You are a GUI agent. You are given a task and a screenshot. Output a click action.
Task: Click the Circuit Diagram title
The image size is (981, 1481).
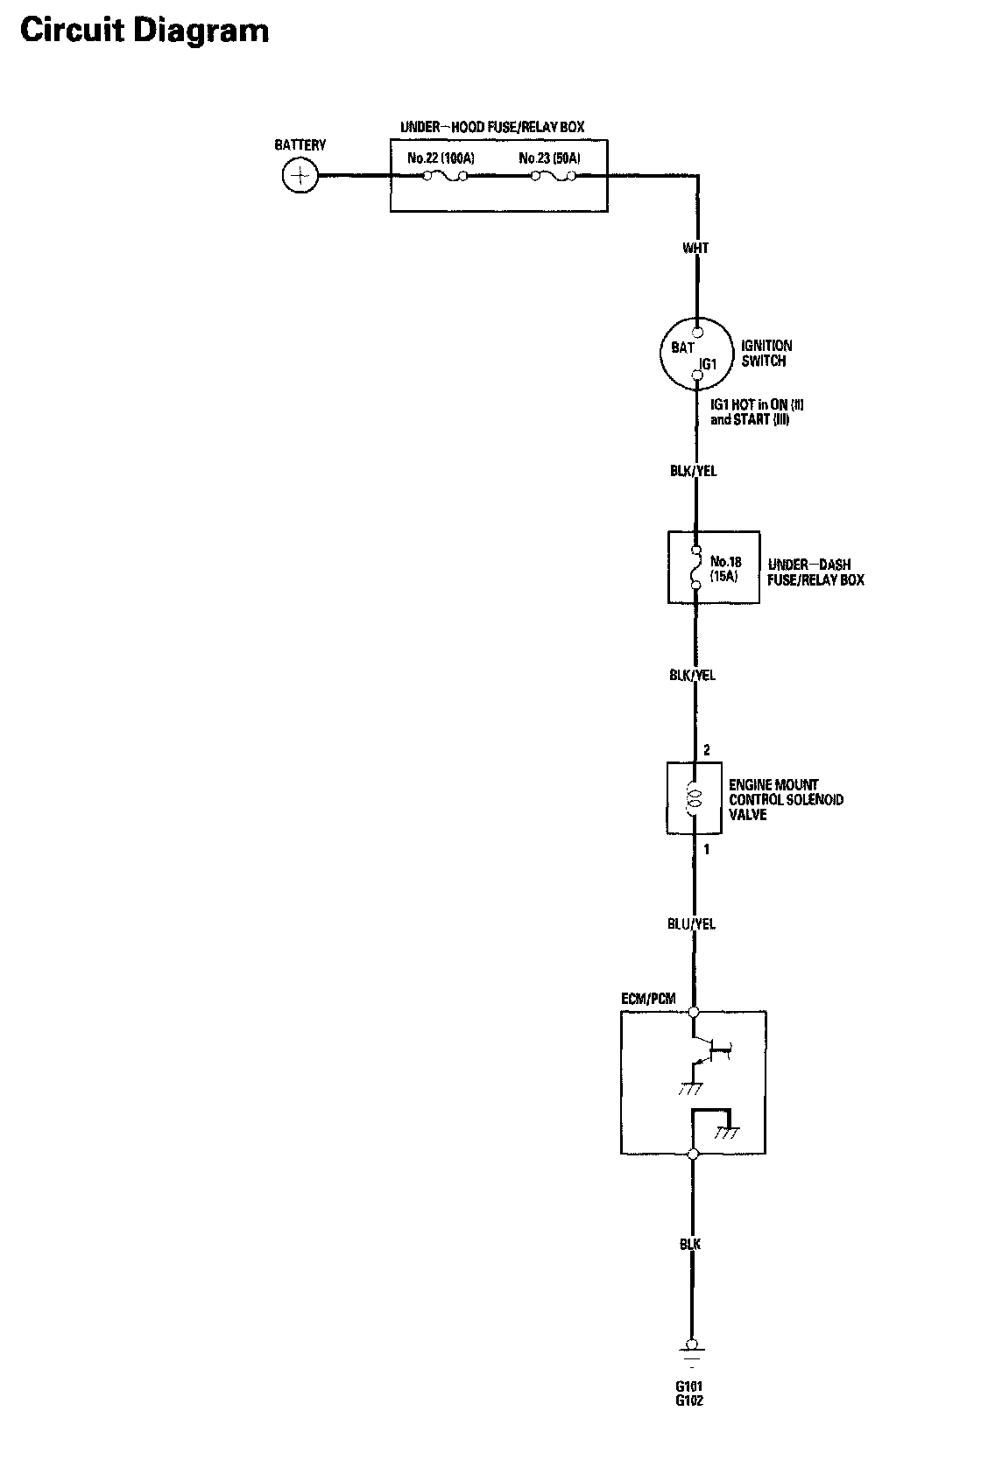pyautogui.click(x=145, y=32)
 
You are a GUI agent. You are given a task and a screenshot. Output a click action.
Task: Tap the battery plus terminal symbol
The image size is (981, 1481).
pyautogui.click(x=300, y=176)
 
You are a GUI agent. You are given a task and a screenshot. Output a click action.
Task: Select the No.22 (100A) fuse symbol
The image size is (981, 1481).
pyautogui.click(x=444, y=177)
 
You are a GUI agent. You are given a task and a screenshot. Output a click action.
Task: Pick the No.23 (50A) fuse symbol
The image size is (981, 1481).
pyautogui.click(x=553, y=177)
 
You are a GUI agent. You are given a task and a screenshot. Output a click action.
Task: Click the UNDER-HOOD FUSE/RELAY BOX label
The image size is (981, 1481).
pyautogui.click(x=491, y=128)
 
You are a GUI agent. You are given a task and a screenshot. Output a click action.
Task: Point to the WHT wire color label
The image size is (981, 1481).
pyautogui.click(x=695, y=249)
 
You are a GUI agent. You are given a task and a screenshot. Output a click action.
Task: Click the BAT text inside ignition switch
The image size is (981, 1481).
pyautogui.click(x=682, y=348)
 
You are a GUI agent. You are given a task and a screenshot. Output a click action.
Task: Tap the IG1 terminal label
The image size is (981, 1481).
pyautogui.click(x=709, y=363)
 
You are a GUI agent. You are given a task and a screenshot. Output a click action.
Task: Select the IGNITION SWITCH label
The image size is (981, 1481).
pyautogui.click(x=766, y=353)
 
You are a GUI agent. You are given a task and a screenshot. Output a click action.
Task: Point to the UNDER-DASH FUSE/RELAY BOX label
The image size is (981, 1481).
pyautogui.click(x=815, y=572)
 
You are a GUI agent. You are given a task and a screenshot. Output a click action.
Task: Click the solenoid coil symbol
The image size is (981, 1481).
pyautogui.click(x=695, y=797)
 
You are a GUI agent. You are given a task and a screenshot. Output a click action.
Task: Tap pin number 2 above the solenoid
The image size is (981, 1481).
pyautogui.click(x=707, y=750)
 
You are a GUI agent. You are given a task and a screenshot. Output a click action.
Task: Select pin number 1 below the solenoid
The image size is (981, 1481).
pyautogui.click(x=707, y=849)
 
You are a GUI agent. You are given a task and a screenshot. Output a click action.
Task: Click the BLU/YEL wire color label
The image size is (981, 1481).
pyautogui.click(x=692, y=923)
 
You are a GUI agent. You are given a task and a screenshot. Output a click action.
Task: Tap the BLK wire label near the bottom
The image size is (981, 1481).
pyautogui.click(x=690, y=1244)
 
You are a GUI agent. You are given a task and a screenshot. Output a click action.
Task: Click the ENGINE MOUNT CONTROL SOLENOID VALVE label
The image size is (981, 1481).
pyautogui.click(x=786, y=800)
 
